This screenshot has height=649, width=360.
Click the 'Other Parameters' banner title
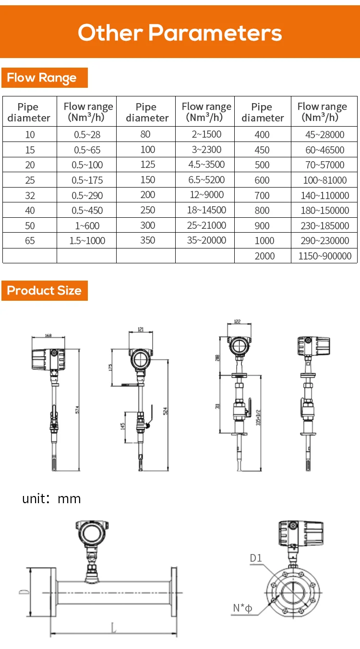[180, 33]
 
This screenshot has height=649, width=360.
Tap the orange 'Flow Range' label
[42, 78]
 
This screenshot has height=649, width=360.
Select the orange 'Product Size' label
[44, 290]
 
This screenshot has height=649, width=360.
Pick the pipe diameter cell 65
[30, 241]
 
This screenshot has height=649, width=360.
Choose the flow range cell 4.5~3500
[206, 165]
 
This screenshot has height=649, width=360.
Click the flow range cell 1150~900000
[324, 256]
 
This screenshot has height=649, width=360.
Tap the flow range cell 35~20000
[206, 240]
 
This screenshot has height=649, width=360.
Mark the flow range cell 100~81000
[324, 180]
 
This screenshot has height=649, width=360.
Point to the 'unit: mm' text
[51, 499]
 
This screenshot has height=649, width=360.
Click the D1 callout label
[256, 558]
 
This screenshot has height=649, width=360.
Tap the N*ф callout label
[242, 608]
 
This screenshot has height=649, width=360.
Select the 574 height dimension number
[77, 409]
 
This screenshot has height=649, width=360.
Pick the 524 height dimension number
[166, 411]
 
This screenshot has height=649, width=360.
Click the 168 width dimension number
[48, 335]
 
